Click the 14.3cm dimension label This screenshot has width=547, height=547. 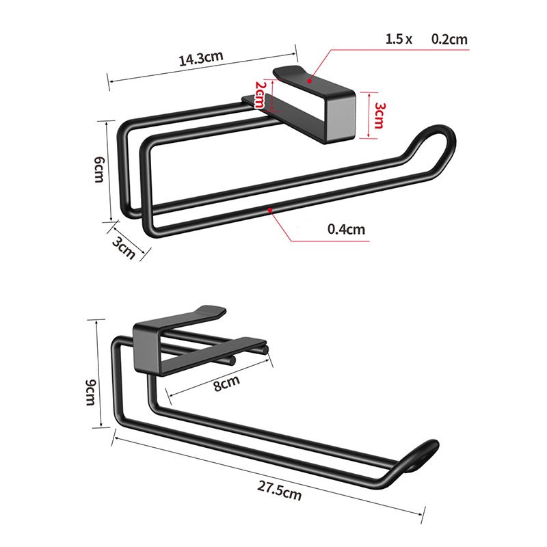click(x=202, y=59)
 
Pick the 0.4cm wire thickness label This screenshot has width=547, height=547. click(x=346, y=229)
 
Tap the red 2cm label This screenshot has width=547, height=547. click(x=259, y=94)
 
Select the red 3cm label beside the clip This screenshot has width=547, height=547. click(x=379, y=116)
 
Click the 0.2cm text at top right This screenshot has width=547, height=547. click(x=449, y=39)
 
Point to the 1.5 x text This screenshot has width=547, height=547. click(x=399, y=39)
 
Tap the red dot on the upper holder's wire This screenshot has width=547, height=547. click(x=271, y=209)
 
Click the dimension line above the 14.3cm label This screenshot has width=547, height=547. click(x=202, y=66)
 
